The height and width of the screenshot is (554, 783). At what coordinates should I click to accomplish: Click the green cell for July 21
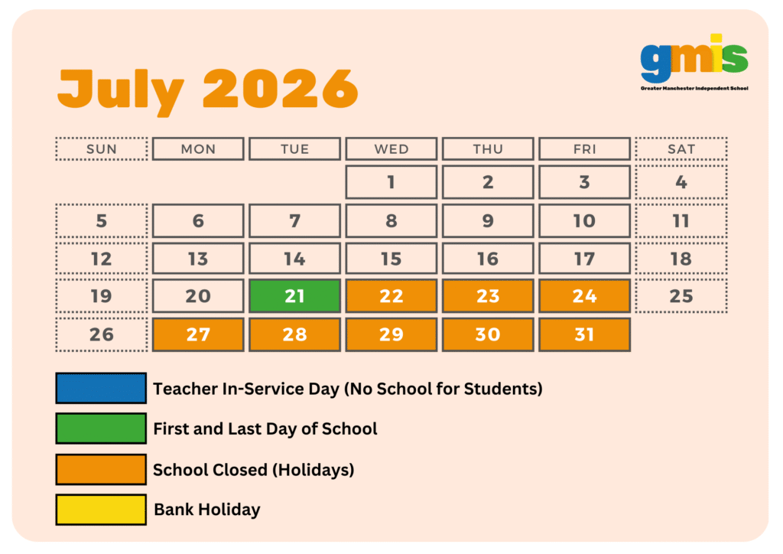(x=294, y=296)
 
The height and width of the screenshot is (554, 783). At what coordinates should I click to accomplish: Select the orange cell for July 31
(x=584, y=334)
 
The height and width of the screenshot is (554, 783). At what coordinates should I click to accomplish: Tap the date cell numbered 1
(x=391, y=182)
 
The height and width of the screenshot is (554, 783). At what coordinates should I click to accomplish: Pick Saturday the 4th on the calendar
(x=681, y=182)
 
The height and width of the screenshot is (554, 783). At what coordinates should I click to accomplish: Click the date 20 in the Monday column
(x=198, y=296)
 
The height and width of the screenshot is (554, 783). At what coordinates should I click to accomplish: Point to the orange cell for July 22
(x=391, y=296)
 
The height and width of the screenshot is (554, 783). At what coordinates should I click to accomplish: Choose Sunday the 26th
(x=102, y=334)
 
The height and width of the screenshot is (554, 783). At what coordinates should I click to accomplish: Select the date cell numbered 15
(x=391, y=259)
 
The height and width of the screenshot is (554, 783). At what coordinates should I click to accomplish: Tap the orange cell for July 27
(x=198, y=334)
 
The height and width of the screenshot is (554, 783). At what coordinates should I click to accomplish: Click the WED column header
(x=391, y=149)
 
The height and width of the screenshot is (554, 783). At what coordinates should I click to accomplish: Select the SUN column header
(x=102, y=149)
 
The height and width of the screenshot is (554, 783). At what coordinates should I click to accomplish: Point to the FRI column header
(x=584, y=149)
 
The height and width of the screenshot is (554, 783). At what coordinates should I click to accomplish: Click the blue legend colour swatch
(x=101, y=388)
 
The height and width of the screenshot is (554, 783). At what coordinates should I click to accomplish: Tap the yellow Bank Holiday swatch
(x=101, y=510)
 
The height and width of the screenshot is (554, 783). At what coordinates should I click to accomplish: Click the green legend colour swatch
(x=101, y=429)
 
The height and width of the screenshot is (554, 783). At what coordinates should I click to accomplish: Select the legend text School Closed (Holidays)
(x=254, y=470)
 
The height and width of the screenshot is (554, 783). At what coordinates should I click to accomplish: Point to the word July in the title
(x=121, y=91)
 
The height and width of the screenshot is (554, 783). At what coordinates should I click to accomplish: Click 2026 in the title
(x=281, y=89)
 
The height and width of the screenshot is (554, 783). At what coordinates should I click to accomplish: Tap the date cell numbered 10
(x=584, y=221)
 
